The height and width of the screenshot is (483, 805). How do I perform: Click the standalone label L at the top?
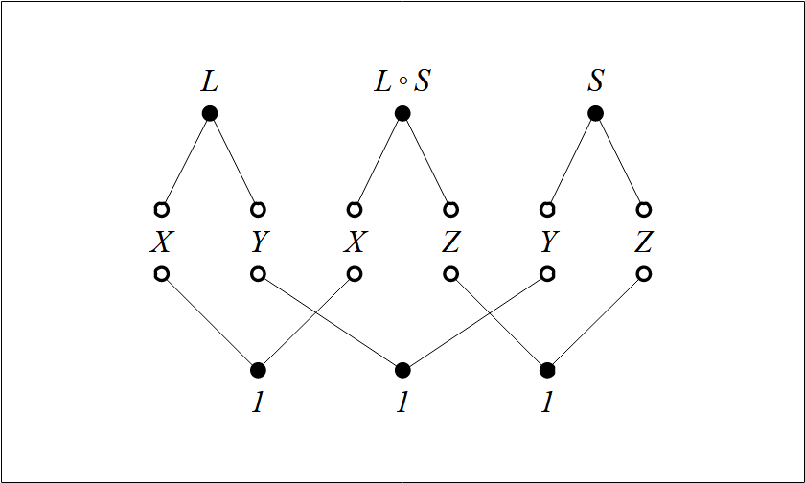pyautogui.click(x=209, y=81)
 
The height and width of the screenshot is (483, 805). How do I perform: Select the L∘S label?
pyautogui.click(x=402, y=81)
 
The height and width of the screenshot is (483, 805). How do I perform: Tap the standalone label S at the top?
pyautogui.click(x=595, y=81)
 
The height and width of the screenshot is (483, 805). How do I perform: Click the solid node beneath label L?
pyautogui.click(x=210, y=113)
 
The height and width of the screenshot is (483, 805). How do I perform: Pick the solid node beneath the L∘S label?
pyautogui.click(x=402, y=113)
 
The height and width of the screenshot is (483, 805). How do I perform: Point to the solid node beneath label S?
pyautogui.click(x=595, y=113)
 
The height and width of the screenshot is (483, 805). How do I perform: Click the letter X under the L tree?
pyautogui.click(x=161, y=242)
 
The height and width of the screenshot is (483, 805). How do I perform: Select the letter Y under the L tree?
pyautogui.click(x=258, y=242)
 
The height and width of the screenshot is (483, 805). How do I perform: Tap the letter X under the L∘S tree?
pyautogui.click(x=355, y=242)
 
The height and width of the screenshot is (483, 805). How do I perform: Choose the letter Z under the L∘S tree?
pyautogui.click(x=451, y=242)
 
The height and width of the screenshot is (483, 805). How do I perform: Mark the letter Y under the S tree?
pyautogui.click(x=548, y=242)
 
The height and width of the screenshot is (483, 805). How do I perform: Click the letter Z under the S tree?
pyautogui.click(x=644, y=242)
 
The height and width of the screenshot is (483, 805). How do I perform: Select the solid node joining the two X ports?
pyautogui.click(x=258, y=370)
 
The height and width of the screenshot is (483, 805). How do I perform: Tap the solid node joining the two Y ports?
pyautogui.click(x=402, y=370)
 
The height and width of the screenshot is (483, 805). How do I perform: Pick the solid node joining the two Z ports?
pyautogui.click(x=547, y=370)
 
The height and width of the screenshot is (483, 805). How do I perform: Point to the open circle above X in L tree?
pyautogui.click(x=161, y=210)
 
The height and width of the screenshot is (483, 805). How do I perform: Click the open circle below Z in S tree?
pyautogui.click(x=644, y=274)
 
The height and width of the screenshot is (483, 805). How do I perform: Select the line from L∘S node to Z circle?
pyautogui.click(x=426, y=161)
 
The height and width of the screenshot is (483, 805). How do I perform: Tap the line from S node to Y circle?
pyautogui.click(x=571, y=161)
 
